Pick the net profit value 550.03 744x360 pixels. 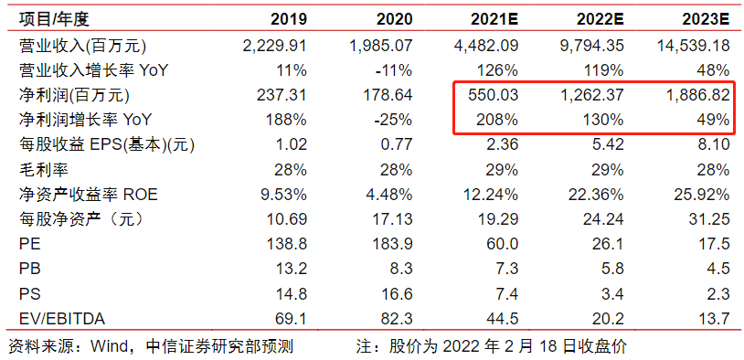(x=494, y=94)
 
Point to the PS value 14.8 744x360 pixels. (x=291, y=293)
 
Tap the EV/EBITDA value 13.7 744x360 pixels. (x=713, y=318)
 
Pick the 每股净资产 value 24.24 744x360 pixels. (x=602, y=219)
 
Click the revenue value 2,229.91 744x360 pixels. (x=274, y=45)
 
